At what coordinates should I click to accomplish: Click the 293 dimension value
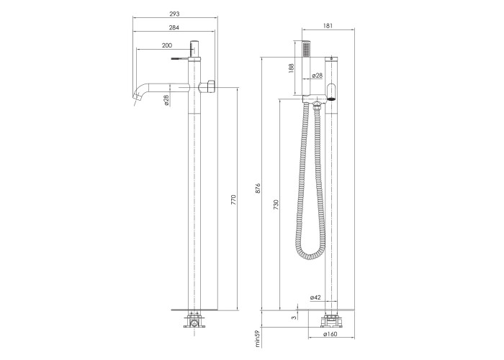[174, 14]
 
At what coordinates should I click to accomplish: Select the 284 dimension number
[174, 27]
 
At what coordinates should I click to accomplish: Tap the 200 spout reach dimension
[167, 45]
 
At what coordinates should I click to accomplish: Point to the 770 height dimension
[234, 199]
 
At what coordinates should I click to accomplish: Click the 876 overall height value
[258, 188]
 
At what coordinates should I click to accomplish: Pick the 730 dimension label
[276, 204]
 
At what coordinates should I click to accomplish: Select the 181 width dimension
[328, 26]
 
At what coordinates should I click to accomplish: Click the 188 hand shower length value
[291, 68]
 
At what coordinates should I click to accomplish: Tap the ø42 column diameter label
[315, 297]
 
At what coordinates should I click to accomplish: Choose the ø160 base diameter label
[330, 334]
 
